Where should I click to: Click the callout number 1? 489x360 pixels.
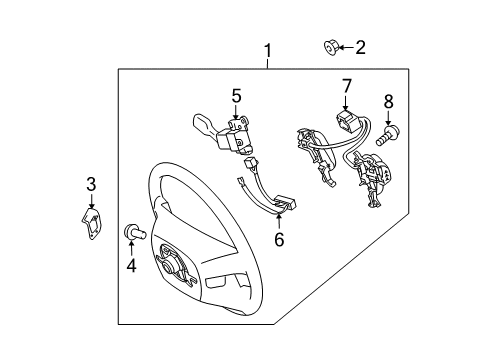point(268,51)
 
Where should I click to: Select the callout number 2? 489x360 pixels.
point(360,47)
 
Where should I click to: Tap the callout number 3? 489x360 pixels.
point(91,184)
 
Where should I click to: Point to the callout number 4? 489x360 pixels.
point(131,265)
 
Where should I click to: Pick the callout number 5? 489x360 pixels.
point(236,96)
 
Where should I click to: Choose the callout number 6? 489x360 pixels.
point(279,239)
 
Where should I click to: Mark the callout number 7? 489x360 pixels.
point(347,86)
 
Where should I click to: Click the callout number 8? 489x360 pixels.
point(389,101)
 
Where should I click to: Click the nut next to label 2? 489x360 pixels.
point(331,48)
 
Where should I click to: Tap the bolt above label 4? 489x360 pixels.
point(134,232)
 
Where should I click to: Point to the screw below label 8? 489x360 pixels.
point(388,135)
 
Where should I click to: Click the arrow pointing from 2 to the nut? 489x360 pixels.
point(346,48)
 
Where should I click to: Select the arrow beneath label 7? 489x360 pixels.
point(345,103)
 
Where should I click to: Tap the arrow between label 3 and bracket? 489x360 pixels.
point(91,201)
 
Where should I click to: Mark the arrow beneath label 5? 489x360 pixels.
point(236,112)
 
